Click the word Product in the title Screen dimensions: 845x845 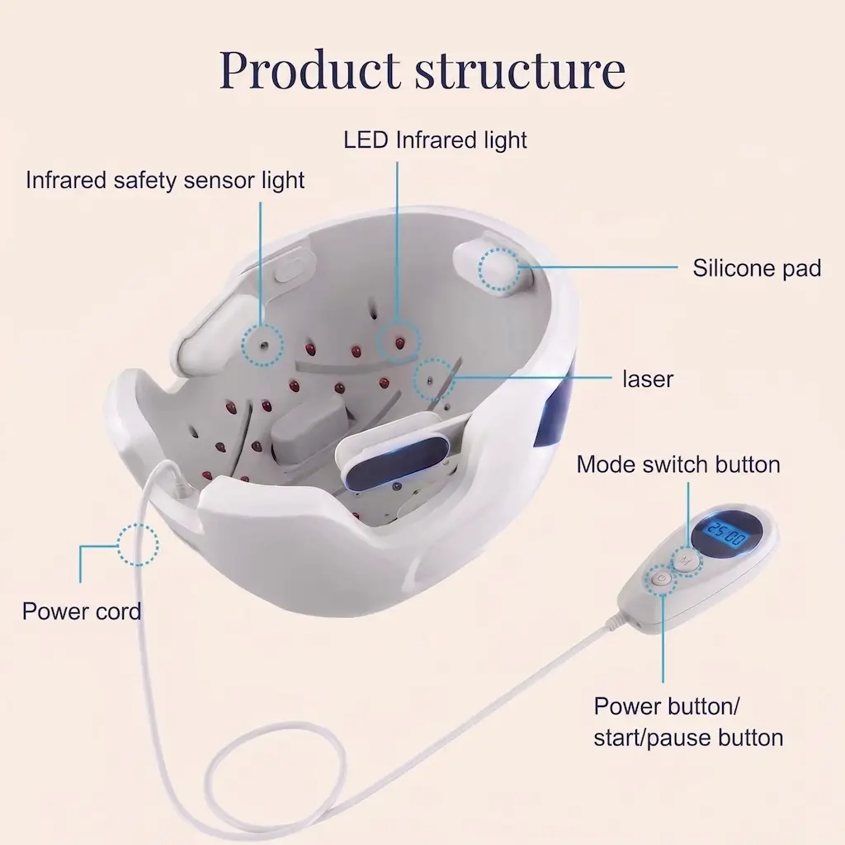tap(310, 71)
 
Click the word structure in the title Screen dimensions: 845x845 tap(520, 71)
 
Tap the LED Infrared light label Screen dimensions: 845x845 tap(435, 140)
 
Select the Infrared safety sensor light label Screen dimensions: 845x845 tap(165, 181)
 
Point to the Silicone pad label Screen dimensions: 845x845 tap(757, 268)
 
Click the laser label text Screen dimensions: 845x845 tap(647, 379)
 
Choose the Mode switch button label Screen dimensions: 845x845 tap(678, 465)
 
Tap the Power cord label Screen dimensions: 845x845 tap(82, 611)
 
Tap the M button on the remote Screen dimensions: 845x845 tap(685, 561)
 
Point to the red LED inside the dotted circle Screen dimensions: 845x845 tap(399, 342)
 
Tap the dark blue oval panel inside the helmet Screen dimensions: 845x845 tap(397, 462)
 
